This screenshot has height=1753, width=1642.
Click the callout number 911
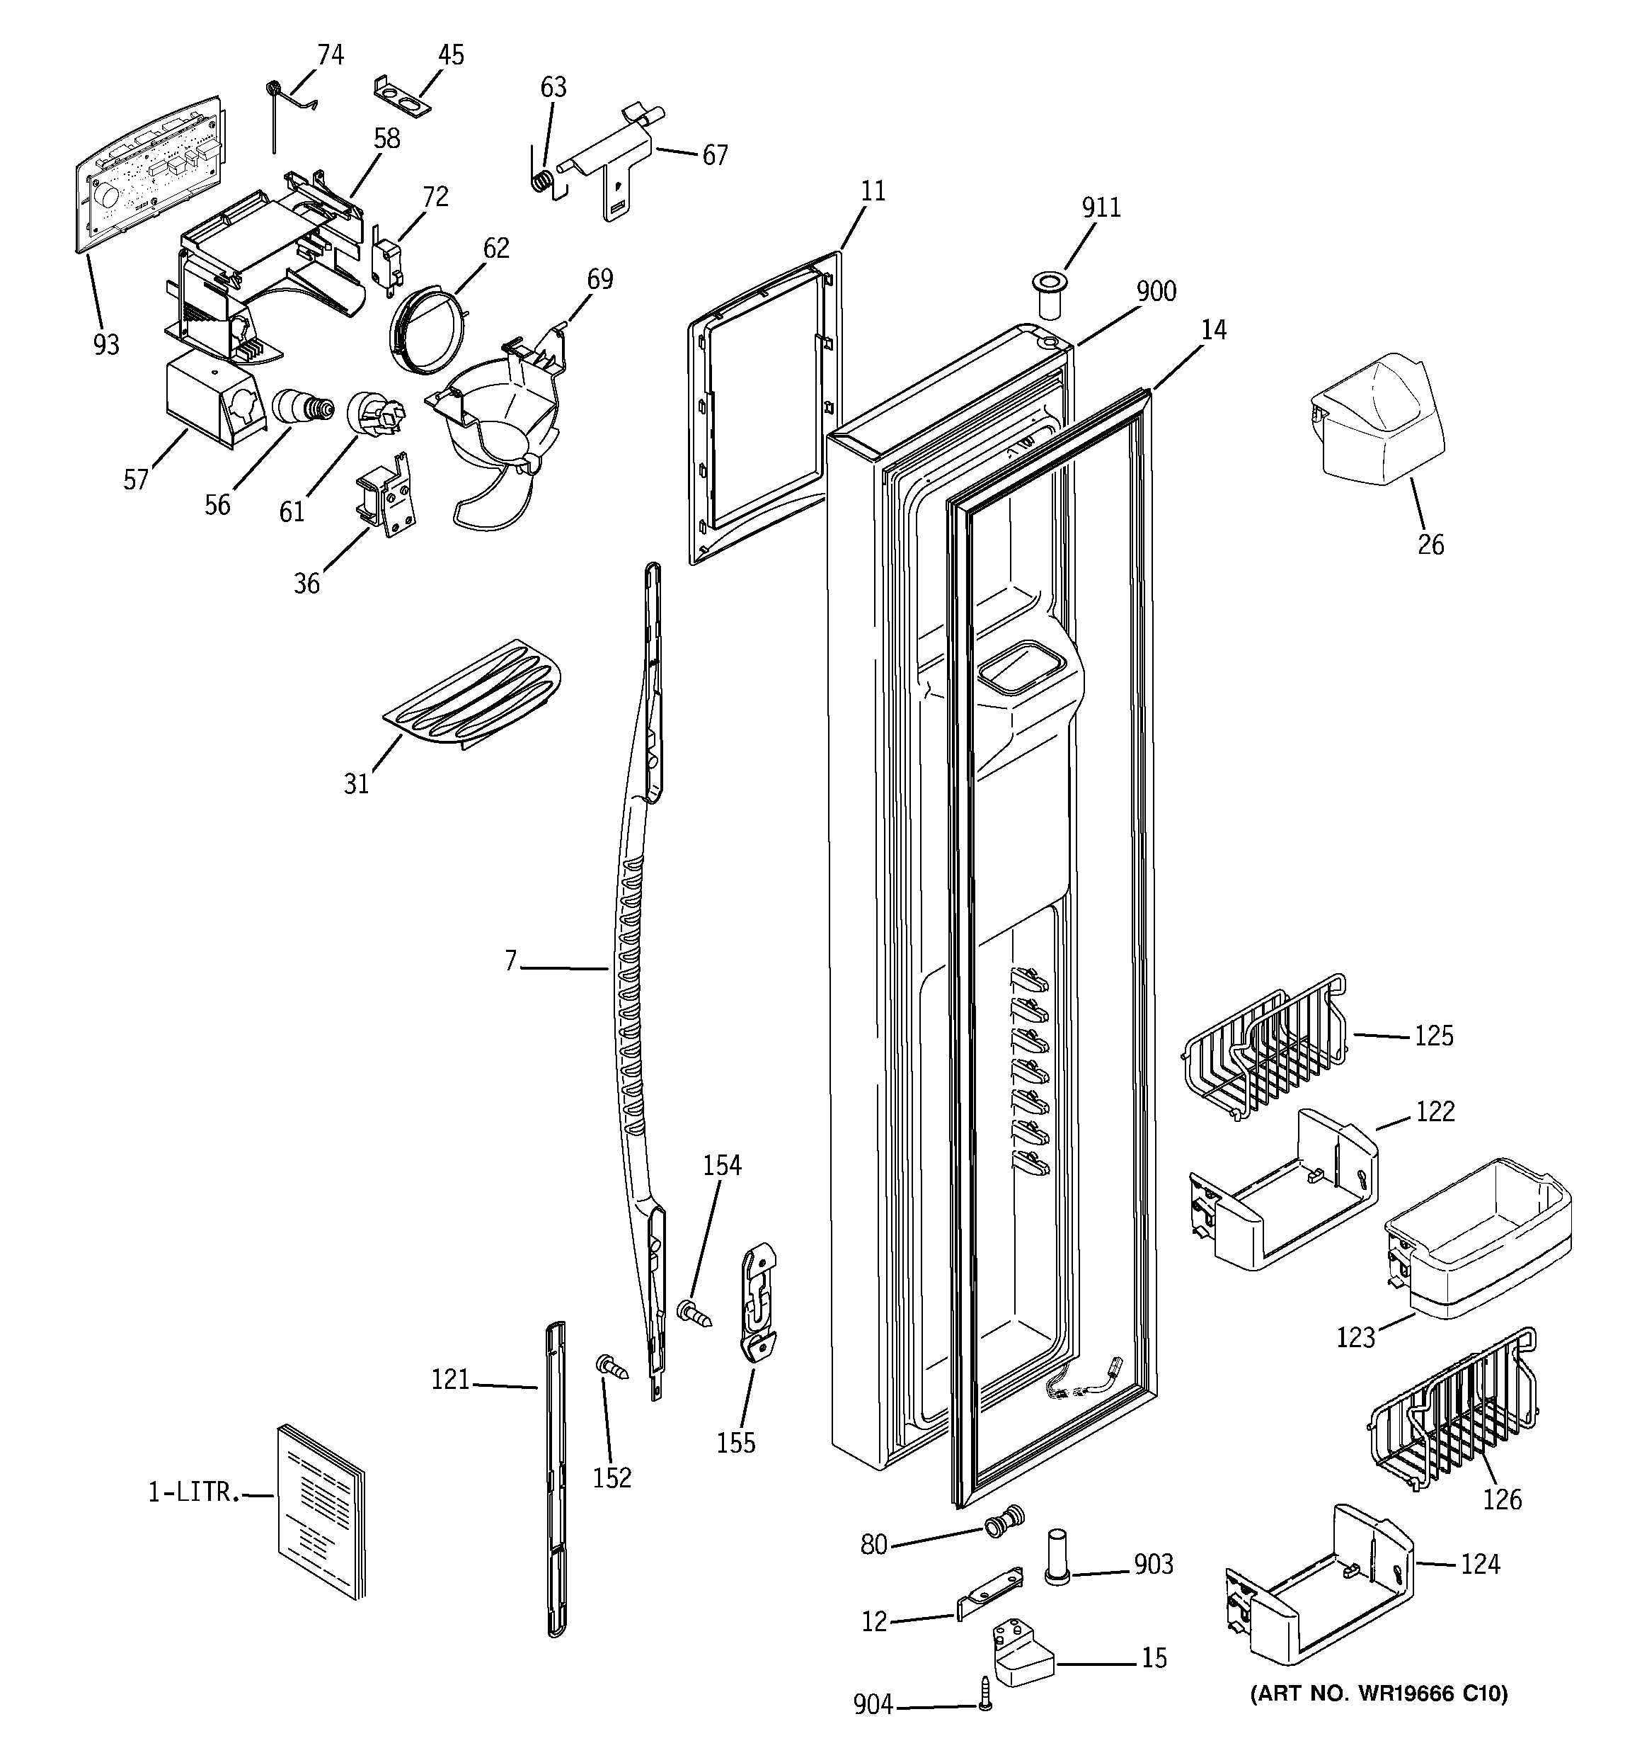point(1101,208)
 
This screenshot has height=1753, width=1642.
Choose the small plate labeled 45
point(402,95)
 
